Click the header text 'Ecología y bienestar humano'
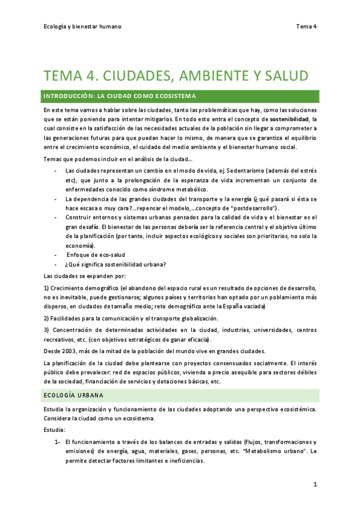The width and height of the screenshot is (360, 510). point(82,26)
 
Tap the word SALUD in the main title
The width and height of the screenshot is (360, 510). point(283,76)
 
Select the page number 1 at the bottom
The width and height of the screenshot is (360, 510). point(314,484)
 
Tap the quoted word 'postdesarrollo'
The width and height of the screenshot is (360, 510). point(251,207)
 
